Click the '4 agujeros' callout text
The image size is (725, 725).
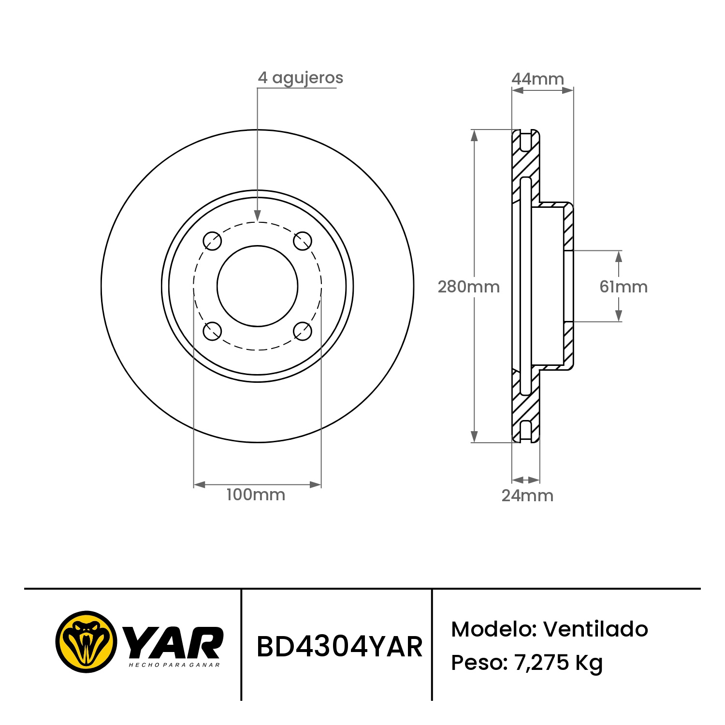(300, 78)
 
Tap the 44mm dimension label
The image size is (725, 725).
(537, 79)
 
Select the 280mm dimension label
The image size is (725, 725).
(468, 287)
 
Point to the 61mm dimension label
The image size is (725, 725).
(623, 287)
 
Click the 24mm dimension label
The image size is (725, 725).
(527, 495)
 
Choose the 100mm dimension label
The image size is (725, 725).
(256, 494)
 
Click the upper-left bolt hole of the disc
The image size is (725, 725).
(212, 241)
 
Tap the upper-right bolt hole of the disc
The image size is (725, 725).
(303, 241)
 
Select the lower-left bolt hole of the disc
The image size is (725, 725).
(212, 331)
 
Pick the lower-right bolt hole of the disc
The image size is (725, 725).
(303, 331)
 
